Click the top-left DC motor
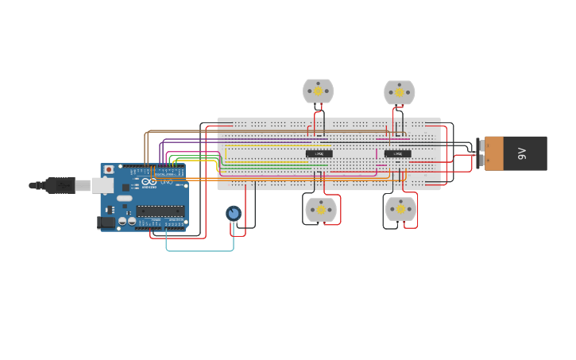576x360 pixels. click(x=318, y=91)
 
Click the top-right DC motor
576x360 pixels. click(x=400, y=92)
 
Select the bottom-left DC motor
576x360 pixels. click(x=321, y=210)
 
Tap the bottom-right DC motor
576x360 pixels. click(x=400, y=209)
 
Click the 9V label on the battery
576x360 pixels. click(x=522, y=153)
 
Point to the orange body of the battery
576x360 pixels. click(x=494, y=153)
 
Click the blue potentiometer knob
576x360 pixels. click(x=233, y=213)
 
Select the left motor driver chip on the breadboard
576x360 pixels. click(x=319, y=153)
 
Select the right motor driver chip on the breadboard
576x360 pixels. click(x=397, y=153)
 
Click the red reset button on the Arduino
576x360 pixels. click(x=109, y=169)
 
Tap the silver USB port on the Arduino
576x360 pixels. click(x=102, y=185)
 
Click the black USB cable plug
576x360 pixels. click(x=60, y=185)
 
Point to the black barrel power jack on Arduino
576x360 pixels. click(x=106, y=223)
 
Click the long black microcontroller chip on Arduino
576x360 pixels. click(x=160, y=211)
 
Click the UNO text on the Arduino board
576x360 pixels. click(x=166, y=182)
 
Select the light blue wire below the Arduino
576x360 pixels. click(x=199, y=250)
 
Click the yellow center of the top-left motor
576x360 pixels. click(x=318, y=91)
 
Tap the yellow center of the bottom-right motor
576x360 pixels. click(x=400, y=208)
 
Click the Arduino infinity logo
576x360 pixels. click(x=149, y=182)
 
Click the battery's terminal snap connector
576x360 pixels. click(x=480, y=153)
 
